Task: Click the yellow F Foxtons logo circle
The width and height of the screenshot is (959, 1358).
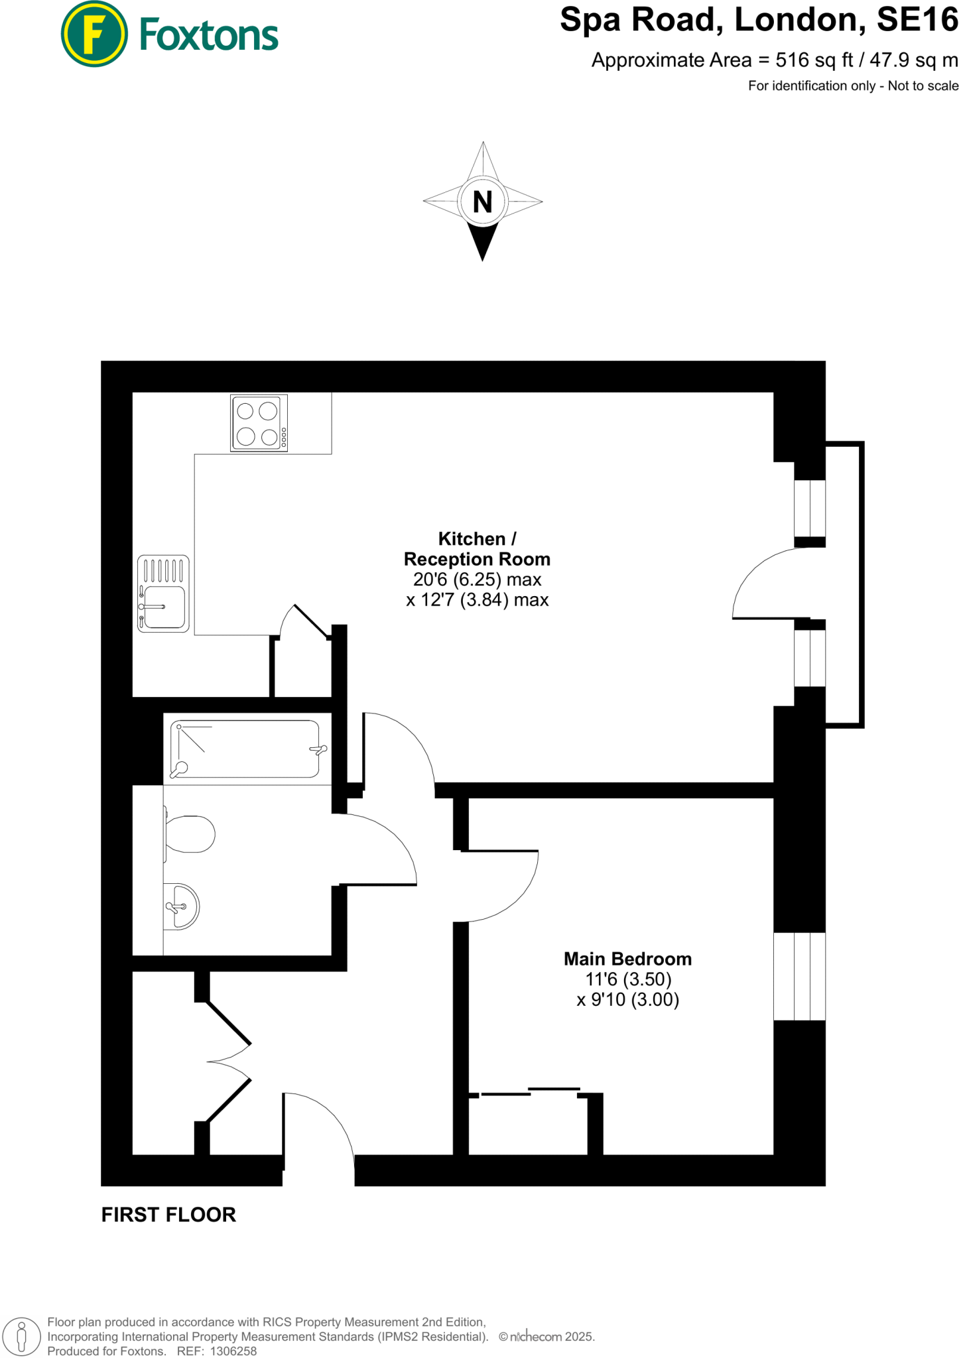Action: tap(94, 34)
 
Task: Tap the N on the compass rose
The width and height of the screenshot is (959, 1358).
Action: tap(483, 202)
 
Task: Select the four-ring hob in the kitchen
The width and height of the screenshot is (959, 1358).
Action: tap(259, 423)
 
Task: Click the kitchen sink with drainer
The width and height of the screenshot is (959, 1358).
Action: tap(163, 593)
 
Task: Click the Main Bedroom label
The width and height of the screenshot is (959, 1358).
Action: tap(627, 959)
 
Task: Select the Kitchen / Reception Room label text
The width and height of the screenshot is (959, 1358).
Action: tap(477, 549)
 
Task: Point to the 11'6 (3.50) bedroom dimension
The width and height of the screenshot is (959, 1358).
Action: tap(628, 979)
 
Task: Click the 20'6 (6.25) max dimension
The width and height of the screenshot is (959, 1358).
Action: tap(477, 580)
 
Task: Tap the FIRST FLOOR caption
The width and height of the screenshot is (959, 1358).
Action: tap(168, 1215)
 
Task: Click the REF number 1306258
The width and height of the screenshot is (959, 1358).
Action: tap(233, 1351)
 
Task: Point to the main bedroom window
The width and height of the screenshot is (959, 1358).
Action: tap(799, 976)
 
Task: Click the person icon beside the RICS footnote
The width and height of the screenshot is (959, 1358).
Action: tap(21, 1336)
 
